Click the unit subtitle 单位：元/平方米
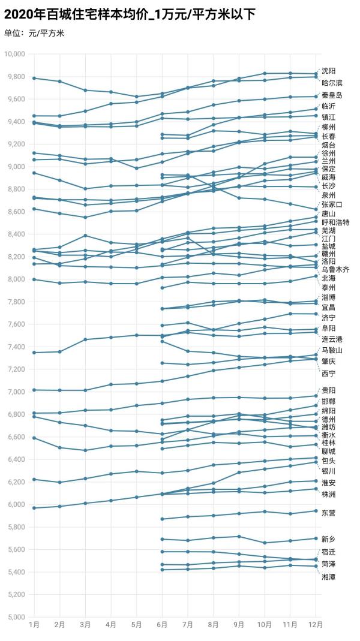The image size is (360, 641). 34,33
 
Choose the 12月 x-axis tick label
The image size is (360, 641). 316,625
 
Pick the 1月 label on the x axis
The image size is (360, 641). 34,625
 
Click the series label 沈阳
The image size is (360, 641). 328,71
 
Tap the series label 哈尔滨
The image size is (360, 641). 332,83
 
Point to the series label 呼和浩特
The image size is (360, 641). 335,222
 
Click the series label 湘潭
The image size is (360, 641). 328,576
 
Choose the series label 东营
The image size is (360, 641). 328,513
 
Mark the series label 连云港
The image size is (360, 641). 332,339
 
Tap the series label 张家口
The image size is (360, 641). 332,204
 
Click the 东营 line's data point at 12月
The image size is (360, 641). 316,511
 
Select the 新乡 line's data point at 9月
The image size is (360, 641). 239,537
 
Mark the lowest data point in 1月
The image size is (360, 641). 34,508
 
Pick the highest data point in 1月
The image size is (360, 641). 34,78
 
